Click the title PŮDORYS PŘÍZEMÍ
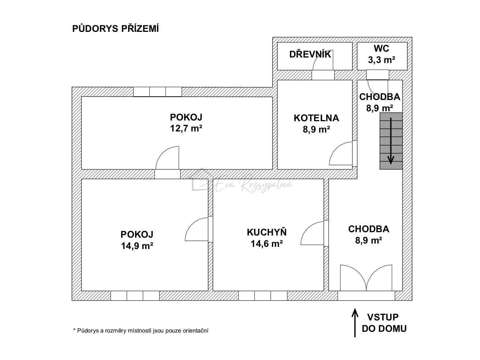115,29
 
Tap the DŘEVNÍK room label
310,54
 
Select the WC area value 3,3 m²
382,60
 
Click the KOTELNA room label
316,118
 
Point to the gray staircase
391,141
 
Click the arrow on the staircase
391,141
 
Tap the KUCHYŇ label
267,232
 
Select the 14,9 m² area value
137,246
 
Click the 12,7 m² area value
186,129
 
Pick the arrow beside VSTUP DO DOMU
355,323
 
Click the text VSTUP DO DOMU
384,323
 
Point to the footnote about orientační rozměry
141,331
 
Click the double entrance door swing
366,278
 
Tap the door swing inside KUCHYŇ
312,233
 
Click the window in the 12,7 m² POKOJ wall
157,92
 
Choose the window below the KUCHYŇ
263,296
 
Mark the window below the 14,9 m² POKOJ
135,296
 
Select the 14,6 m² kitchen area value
267,244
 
